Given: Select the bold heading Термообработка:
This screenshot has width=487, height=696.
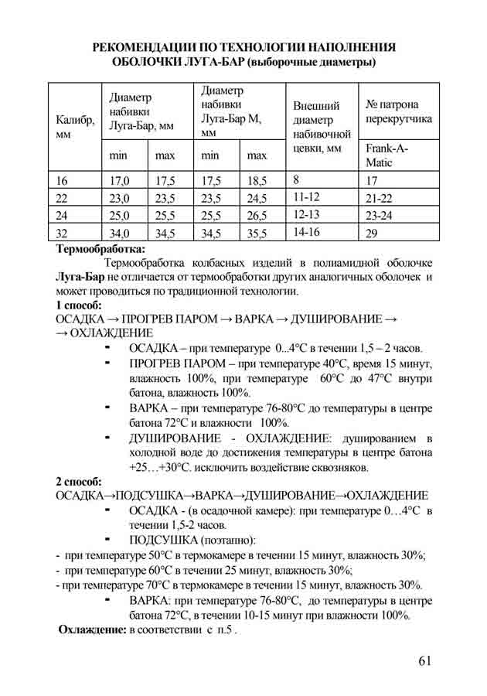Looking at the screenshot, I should pyautogui.click(x=100, y=250).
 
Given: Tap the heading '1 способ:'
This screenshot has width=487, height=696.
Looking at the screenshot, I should pyautogui.click(x=80, y=305).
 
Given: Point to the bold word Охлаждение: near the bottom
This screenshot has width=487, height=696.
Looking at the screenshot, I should pyautogui.click(x=93, y=630).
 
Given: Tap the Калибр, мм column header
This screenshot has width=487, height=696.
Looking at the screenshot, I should pyautogui.click(x=75, y=127).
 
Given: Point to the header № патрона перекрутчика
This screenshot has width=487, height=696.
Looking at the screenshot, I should pyautogui.click(x=398, y=112).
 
